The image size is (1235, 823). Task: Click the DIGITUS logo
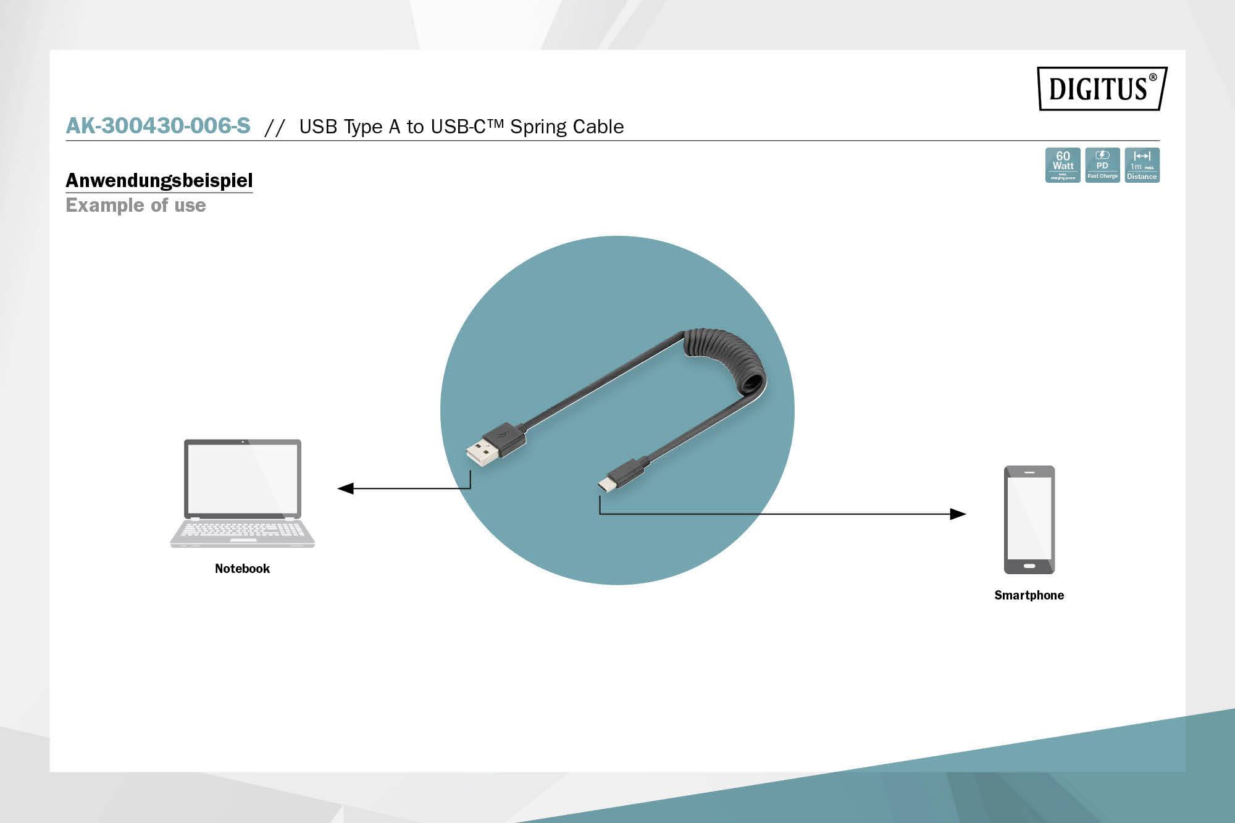[x=1102, y=88]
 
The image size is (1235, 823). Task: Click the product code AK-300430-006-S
[x=158, y=126]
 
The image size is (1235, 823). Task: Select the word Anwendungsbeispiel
[x=159, y=180]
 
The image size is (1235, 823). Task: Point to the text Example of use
[x=136, y=205]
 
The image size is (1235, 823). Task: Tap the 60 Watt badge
[x=1063, y=165]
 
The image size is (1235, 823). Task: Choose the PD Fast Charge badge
[x=1102, y=165]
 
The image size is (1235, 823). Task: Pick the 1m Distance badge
[x=1142, y=165]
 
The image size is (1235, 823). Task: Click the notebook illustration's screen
[x=243, y=478]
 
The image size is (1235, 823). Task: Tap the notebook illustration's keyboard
[x=243, y=530]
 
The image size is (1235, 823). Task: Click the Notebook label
[x=242, y=569]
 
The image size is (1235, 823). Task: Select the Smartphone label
[x=1029, y=595]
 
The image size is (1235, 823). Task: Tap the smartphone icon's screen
[x=1029, y=517]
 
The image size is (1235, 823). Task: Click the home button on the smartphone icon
[x=1029, y=566]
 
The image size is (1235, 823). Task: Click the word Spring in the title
[x=538, y=127]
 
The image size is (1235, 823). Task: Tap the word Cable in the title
[x=598, y=127]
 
